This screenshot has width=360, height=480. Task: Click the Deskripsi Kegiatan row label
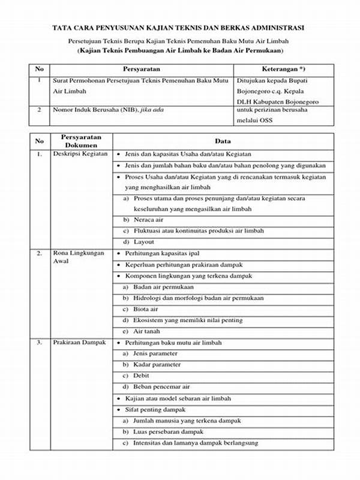[x=80, y=154]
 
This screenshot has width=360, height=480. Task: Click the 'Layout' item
[x=144, y=242]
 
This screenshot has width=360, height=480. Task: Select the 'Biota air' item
[x=146, y=309]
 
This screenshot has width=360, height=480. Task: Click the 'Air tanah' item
[x=146, y=331]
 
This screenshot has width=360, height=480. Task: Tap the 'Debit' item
[x=142, y=376]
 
